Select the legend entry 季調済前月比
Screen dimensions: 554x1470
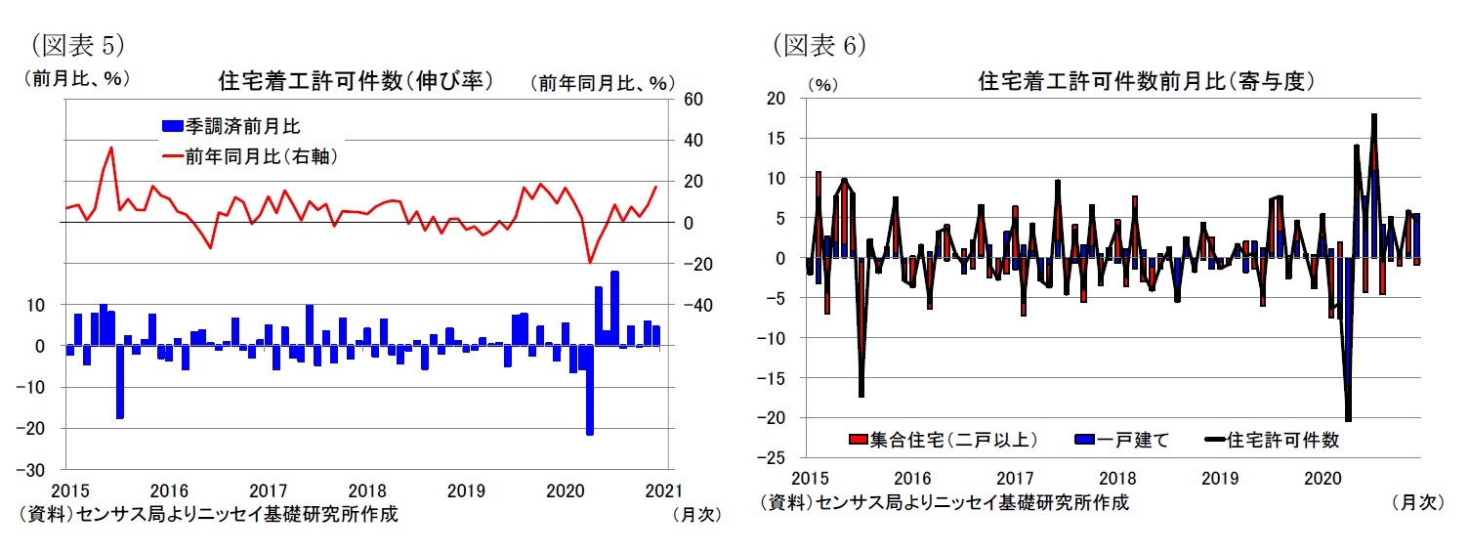point(243,126)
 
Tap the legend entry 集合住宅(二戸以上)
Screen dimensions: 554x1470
point(943,440)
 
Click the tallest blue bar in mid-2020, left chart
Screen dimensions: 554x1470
point(614,308)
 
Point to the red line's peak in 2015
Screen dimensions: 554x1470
point(111,148)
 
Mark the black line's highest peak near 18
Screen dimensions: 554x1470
point(1373,115)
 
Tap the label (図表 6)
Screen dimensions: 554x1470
point(819,45)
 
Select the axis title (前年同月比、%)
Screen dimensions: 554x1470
point(603,83)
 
